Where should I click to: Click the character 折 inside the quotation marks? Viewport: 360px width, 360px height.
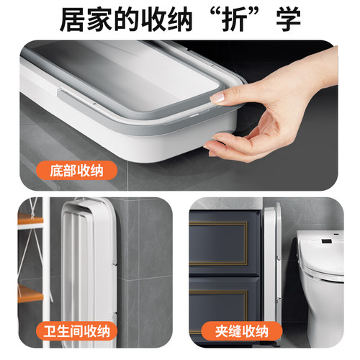(234, 20)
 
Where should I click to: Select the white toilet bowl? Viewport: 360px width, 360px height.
(320, 288)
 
